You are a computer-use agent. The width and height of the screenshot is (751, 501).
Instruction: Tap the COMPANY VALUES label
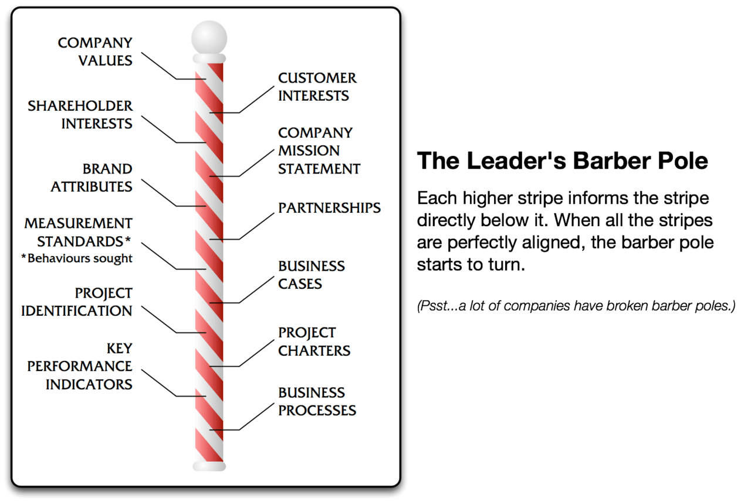(x=95, y=52)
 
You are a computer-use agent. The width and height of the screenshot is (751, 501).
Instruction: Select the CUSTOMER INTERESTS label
(x=317, y=87)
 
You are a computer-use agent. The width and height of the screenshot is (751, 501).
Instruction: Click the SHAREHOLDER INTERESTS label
(x=80, y=115)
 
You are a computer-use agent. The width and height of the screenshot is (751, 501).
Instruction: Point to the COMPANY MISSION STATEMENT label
(x=319, y=151)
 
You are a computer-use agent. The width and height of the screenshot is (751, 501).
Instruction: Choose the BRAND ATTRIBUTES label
(x=92, y=178)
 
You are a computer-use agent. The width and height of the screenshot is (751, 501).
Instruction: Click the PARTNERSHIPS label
(x=329, y=208)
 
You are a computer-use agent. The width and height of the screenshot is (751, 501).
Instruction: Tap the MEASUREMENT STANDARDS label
(x=79, y=233)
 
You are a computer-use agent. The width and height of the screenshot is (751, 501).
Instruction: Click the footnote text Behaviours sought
(x=80, y=258)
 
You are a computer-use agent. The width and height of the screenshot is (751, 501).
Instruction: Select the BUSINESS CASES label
(x=311, y=275)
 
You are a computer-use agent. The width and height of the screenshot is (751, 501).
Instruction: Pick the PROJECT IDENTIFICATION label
(x=77, y=302)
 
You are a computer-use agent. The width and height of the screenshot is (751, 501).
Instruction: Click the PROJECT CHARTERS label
(x=314, y=342)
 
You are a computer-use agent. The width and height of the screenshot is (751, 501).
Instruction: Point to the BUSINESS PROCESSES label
(x=317, y=401)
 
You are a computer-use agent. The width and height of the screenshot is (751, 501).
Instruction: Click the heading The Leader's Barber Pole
(x=562, y=161)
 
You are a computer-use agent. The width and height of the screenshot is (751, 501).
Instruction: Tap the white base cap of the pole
(x=209, y=466)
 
